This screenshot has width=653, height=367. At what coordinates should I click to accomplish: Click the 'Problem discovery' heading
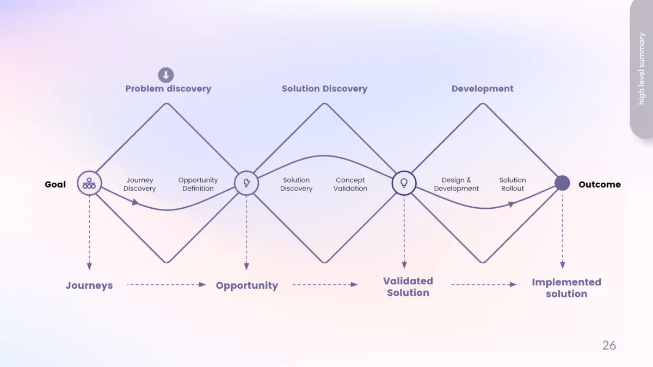pyautogui.click(x=168, y=89)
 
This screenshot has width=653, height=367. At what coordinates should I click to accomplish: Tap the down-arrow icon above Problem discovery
pyautogui.click(x=166, y=75)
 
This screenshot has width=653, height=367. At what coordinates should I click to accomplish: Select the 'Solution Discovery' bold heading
pyautogui.click(x=324, y=89)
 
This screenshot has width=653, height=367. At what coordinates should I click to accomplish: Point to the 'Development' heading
pyautogui.click(x=482, y=89)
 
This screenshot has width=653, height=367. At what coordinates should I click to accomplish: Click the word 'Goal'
pyautogui.click(x=55, y=184)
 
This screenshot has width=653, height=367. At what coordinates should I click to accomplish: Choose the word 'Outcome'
pyautogui.click(x=599, y=184)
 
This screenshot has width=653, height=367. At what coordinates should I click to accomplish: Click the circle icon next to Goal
pyautogui.click(x=89, y=183)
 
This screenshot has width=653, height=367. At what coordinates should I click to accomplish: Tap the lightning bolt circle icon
pyautogui.click(x=247, y=183)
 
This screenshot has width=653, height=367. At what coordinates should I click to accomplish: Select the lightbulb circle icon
pyautogui.click(x=404, y=183)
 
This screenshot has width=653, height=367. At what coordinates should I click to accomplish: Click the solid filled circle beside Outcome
pyautogui.click(x=562, y=183)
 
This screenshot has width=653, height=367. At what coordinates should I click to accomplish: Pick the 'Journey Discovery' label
pyautogui.click(x=140, y=184)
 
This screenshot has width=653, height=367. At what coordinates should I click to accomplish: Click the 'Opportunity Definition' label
pyautogui.click(x=198, y=184)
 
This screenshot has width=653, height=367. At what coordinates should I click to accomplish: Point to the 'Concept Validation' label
pyautogui.click(x=350, y=184)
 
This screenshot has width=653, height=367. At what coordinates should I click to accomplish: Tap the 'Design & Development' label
pyautogui.click(x=457, y=184)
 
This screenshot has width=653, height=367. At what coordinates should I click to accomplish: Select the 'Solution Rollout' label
pyautogui.click(x=513, y=184)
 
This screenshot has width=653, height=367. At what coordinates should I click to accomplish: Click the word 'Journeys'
pyautogui.click(x=89, y=285)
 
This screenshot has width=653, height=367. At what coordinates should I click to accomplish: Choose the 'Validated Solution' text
pyautogui.click(x=408, y=287)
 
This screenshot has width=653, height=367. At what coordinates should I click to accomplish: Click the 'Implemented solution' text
pyautogui.click(x=566, y=288)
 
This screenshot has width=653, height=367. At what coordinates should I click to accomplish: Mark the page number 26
pyautogui.click(x=609, y=345)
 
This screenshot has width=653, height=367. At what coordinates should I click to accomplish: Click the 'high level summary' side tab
pyautogui.click(x=642, y=69)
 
